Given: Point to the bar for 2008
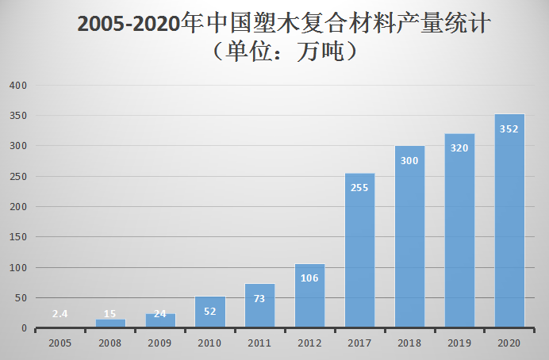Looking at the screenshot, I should (110, 324).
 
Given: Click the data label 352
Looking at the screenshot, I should (509, 128).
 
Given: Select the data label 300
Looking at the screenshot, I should (409, 160).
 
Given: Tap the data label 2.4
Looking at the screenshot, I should (60, 313).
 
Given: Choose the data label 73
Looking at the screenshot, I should (259, 298).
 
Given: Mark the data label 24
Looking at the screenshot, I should (160, 313).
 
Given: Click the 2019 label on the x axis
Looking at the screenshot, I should (459, 343).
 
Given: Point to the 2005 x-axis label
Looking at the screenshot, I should (60, 343).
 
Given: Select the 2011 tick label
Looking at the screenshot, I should (259, 343).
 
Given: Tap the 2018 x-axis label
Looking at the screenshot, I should (409, 343).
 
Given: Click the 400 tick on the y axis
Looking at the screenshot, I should (17, 86).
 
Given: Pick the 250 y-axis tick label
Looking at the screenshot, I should (17, 177).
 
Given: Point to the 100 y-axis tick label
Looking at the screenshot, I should (17, 268).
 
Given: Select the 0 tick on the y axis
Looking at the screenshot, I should (24, 328).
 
